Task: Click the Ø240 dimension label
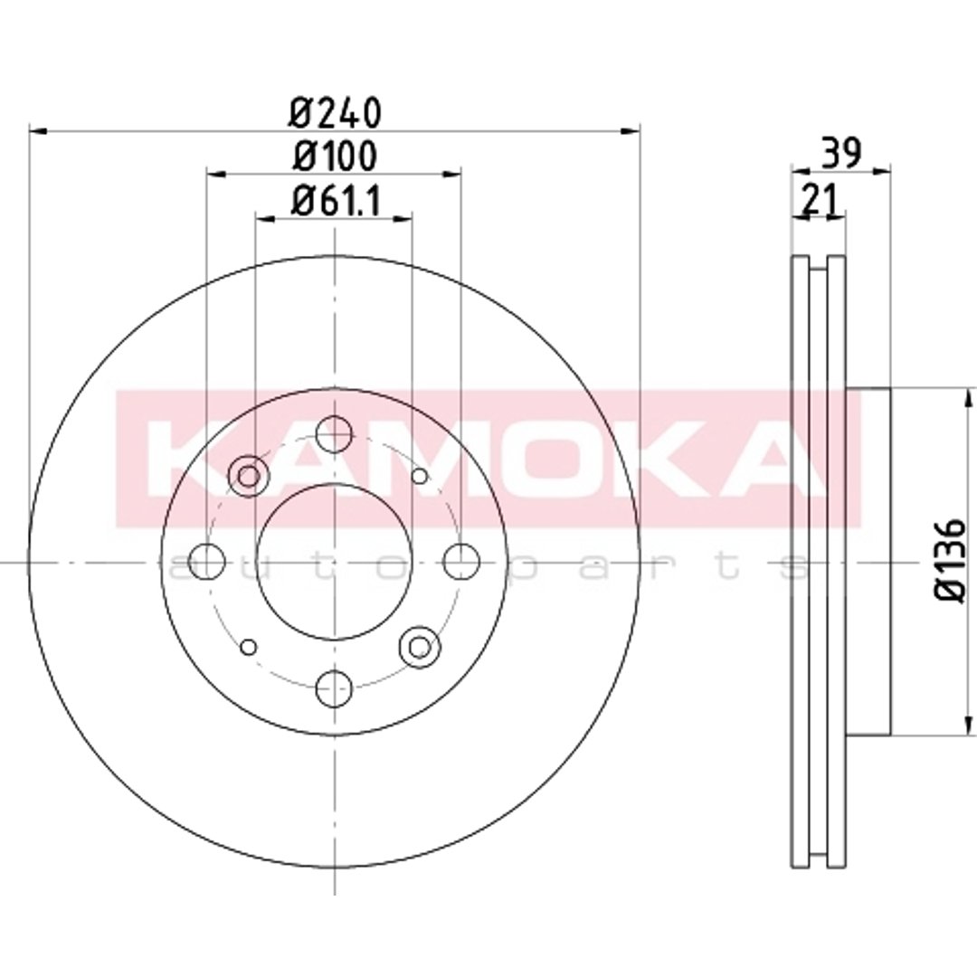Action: coord(334,113)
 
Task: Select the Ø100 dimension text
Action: coord(336,156)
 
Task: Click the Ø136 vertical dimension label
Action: coord(950,561)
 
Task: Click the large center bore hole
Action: coord(335,562)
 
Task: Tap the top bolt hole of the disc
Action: coord(334,433)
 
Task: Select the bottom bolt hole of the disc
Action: coord(334,688)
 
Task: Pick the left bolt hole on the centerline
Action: coord(207,562)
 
